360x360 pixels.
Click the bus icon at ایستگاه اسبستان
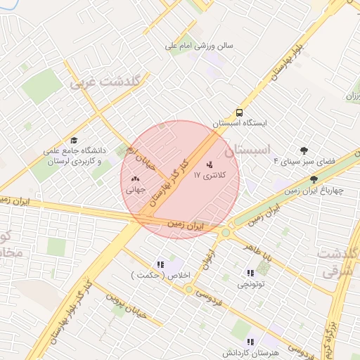coord(240,112)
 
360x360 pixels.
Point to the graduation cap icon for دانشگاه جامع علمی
coord(74,141)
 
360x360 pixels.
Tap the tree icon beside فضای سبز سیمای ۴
coord(304,150)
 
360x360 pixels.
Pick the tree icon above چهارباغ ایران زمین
coord(314,180)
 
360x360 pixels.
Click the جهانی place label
coord(134,190)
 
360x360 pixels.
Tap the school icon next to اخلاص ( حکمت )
coord(160,265)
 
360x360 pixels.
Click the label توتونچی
coord(250,284)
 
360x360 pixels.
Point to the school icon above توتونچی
coord(250,273)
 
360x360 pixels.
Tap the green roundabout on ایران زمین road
coord(226,233)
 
